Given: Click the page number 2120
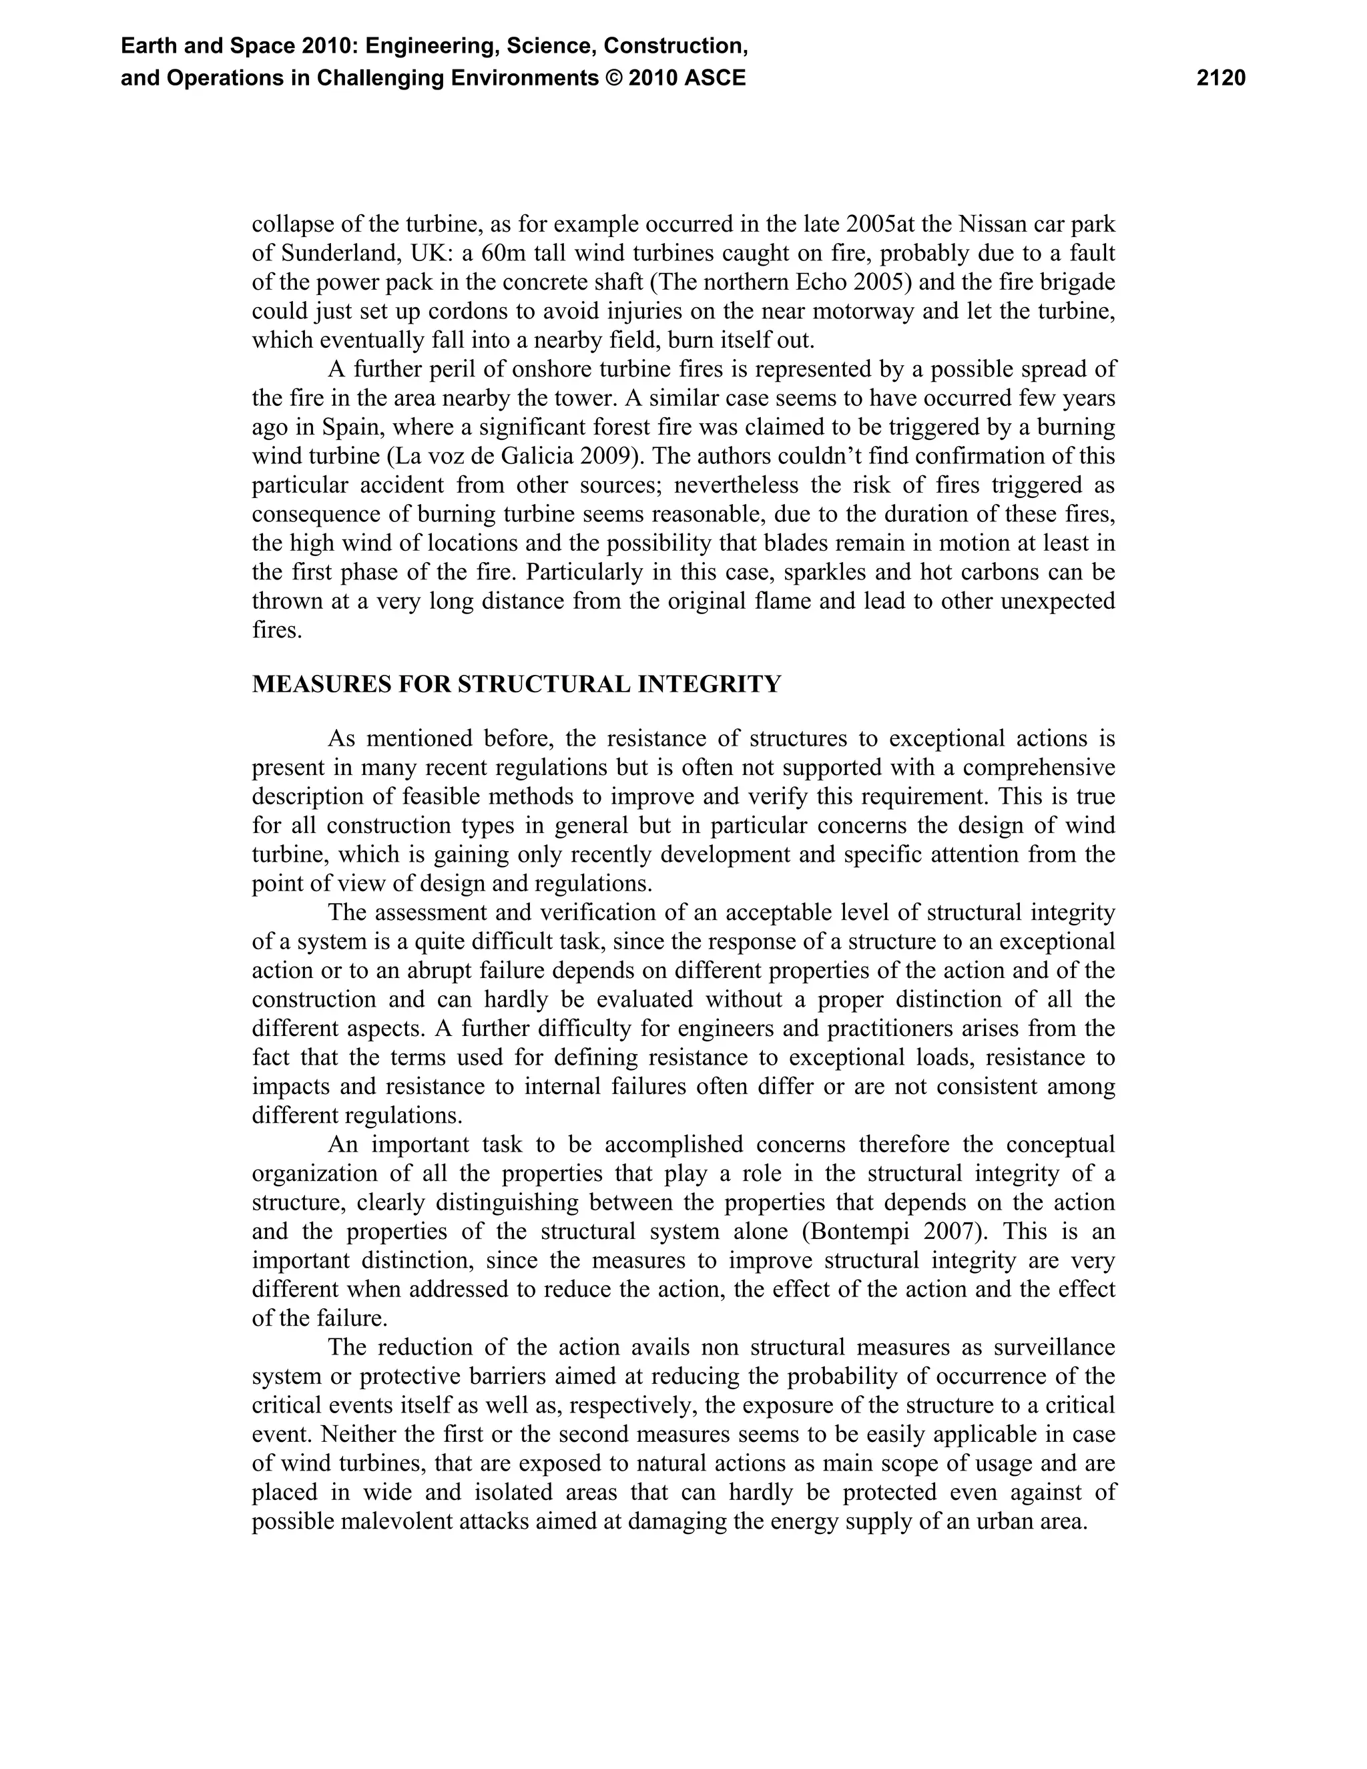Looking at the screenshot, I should pyautogui.click(x=1220, y=79).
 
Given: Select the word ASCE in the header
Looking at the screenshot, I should pyautogui.click(x=714, y=79).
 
